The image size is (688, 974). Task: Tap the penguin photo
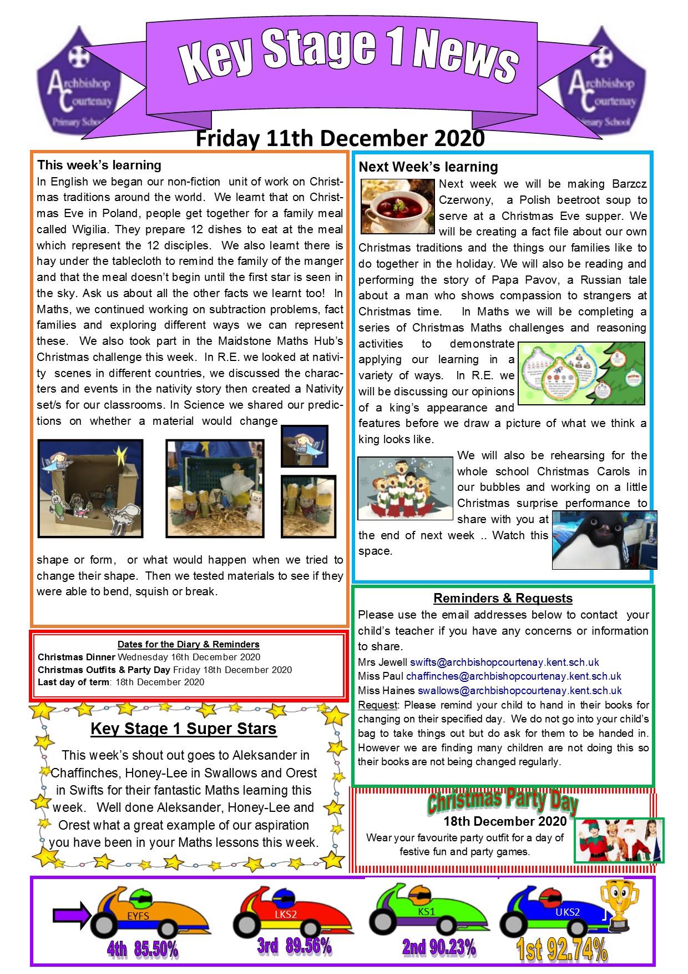coord(604,540)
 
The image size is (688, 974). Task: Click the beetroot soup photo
coord(397,206)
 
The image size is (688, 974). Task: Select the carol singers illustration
coord(406,488)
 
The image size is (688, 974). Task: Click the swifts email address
coord(504,662)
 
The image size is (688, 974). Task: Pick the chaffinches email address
coord(513,676)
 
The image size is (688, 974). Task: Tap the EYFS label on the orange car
coord(138,916)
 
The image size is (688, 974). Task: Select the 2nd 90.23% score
coord(439,947)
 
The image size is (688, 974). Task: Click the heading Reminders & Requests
coord(503,598)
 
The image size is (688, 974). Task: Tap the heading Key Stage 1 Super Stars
coord(183,729)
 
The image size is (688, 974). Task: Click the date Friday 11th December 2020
coord(340,138)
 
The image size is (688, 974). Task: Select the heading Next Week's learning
coord(428,167)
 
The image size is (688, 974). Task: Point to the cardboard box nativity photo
coord(90,488)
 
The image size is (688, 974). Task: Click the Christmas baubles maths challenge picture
coord(581,373)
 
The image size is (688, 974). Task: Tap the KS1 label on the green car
coord(426,911)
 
